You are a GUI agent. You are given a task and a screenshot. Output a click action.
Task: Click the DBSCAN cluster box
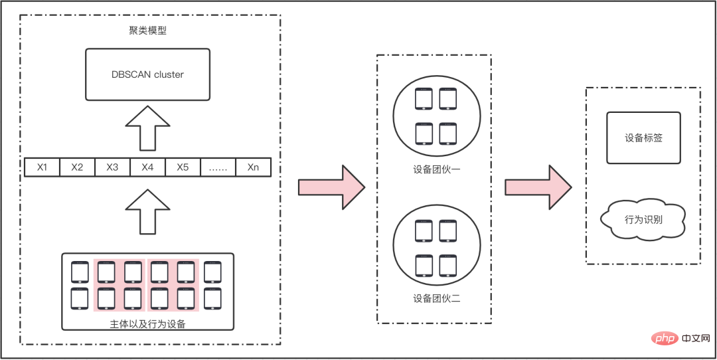pyautogui.click(x=147, y=74)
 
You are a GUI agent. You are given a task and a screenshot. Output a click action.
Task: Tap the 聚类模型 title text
pyautogui.click(x=147, y=31)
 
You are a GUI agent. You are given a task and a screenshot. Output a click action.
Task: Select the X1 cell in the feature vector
pyautogui.click(x=42, y=167)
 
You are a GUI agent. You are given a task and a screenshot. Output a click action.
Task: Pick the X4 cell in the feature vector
pyautogui.click(x=147, y=167)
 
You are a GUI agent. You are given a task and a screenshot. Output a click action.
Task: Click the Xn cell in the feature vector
pyautogui.click(x=253, y=167)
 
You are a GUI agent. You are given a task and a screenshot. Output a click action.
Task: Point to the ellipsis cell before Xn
pyautogui.click(x=218, y=167)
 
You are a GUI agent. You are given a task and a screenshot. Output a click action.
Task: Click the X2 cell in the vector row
pyautogui.click(x=77, y=167)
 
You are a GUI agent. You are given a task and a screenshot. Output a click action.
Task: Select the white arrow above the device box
pyautogui.click(x=147, y=211)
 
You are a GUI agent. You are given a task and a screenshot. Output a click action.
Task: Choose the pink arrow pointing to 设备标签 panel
pyautogui.click(x=537, y=187)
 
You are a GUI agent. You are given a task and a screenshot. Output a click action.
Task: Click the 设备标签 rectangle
pyautogui.click(x=643, y=138)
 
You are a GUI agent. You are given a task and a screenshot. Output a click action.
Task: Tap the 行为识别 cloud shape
pyautogui.click(x=643, y=219)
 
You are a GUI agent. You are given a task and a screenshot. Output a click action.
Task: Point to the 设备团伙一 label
pyautogui.click(x=437, y=170)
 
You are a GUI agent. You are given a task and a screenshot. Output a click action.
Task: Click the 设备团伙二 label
pyautogui.click(x=437, y=298)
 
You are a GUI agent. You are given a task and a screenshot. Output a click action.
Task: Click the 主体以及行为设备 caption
pyautogui.click(x=147, y=324)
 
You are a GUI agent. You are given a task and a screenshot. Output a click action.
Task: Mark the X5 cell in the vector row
pyautogui.click(x=183, y=167)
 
